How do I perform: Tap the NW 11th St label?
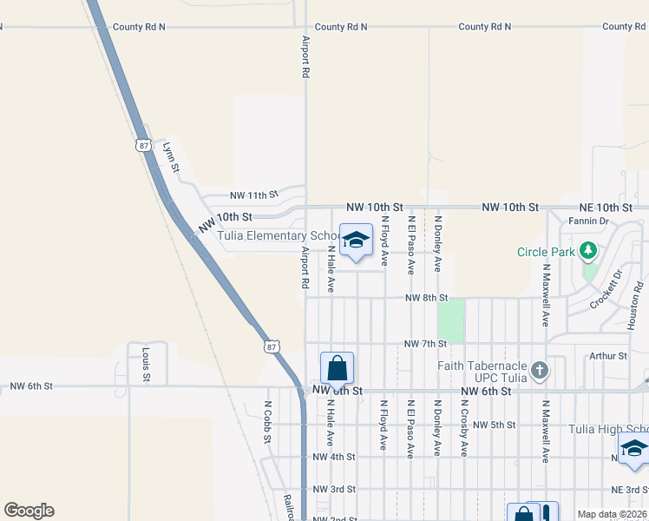click(253, 195)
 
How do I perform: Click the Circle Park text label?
click(547, 253)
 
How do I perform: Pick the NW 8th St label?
click(425, 298)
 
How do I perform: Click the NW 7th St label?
click(425, 345)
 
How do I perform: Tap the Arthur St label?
click(608, 356)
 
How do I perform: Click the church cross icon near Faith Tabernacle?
click(539, 371)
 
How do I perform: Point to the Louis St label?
click(145, 365)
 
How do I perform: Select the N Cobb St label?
click(268, 422)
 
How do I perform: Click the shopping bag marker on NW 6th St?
click(337, 368)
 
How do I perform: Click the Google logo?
click(29, 511)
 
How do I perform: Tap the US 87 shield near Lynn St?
click(142, 145)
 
